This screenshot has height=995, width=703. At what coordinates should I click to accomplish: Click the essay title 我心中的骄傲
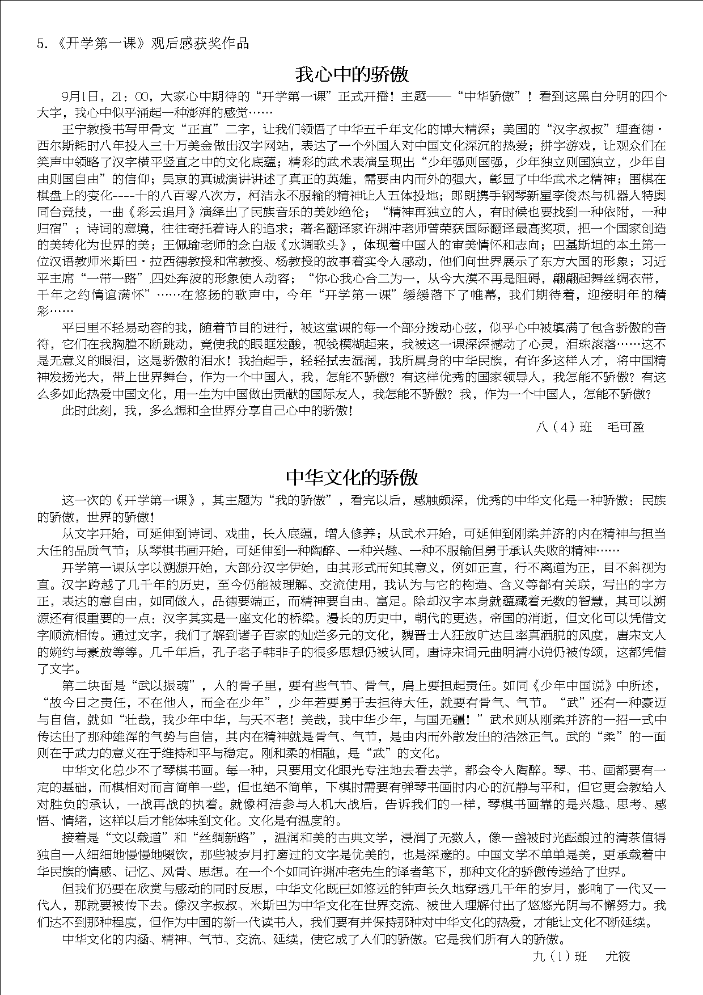pos(351,74)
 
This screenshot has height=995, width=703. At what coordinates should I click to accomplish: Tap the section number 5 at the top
pos(40,44)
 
